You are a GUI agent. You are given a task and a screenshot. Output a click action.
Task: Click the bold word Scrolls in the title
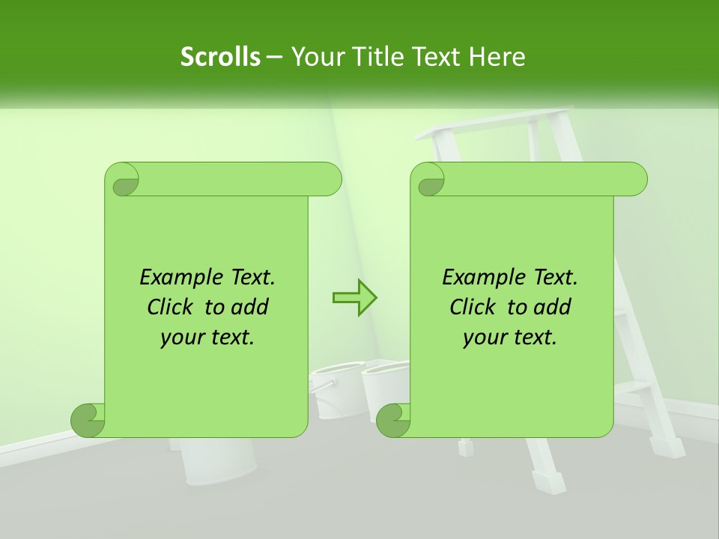coord(220,57)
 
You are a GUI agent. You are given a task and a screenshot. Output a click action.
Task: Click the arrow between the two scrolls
coord(354,297)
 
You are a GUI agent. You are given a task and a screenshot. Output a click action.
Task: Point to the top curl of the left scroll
coord(124,180)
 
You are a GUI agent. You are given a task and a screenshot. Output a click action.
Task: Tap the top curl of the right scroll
coord(429,180)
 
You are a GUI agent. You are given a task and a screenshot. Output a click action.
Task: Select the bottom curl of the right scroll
coord(394,420)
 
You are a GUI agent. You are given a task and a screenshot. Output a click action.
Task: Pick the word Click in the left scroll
coord(173,308)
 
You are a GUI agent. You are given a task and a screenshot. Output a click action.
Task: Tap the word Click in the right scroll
coord(476,308)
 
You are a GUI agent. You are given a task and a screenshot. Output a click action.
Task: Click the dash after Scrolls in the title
coord(275,57)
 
